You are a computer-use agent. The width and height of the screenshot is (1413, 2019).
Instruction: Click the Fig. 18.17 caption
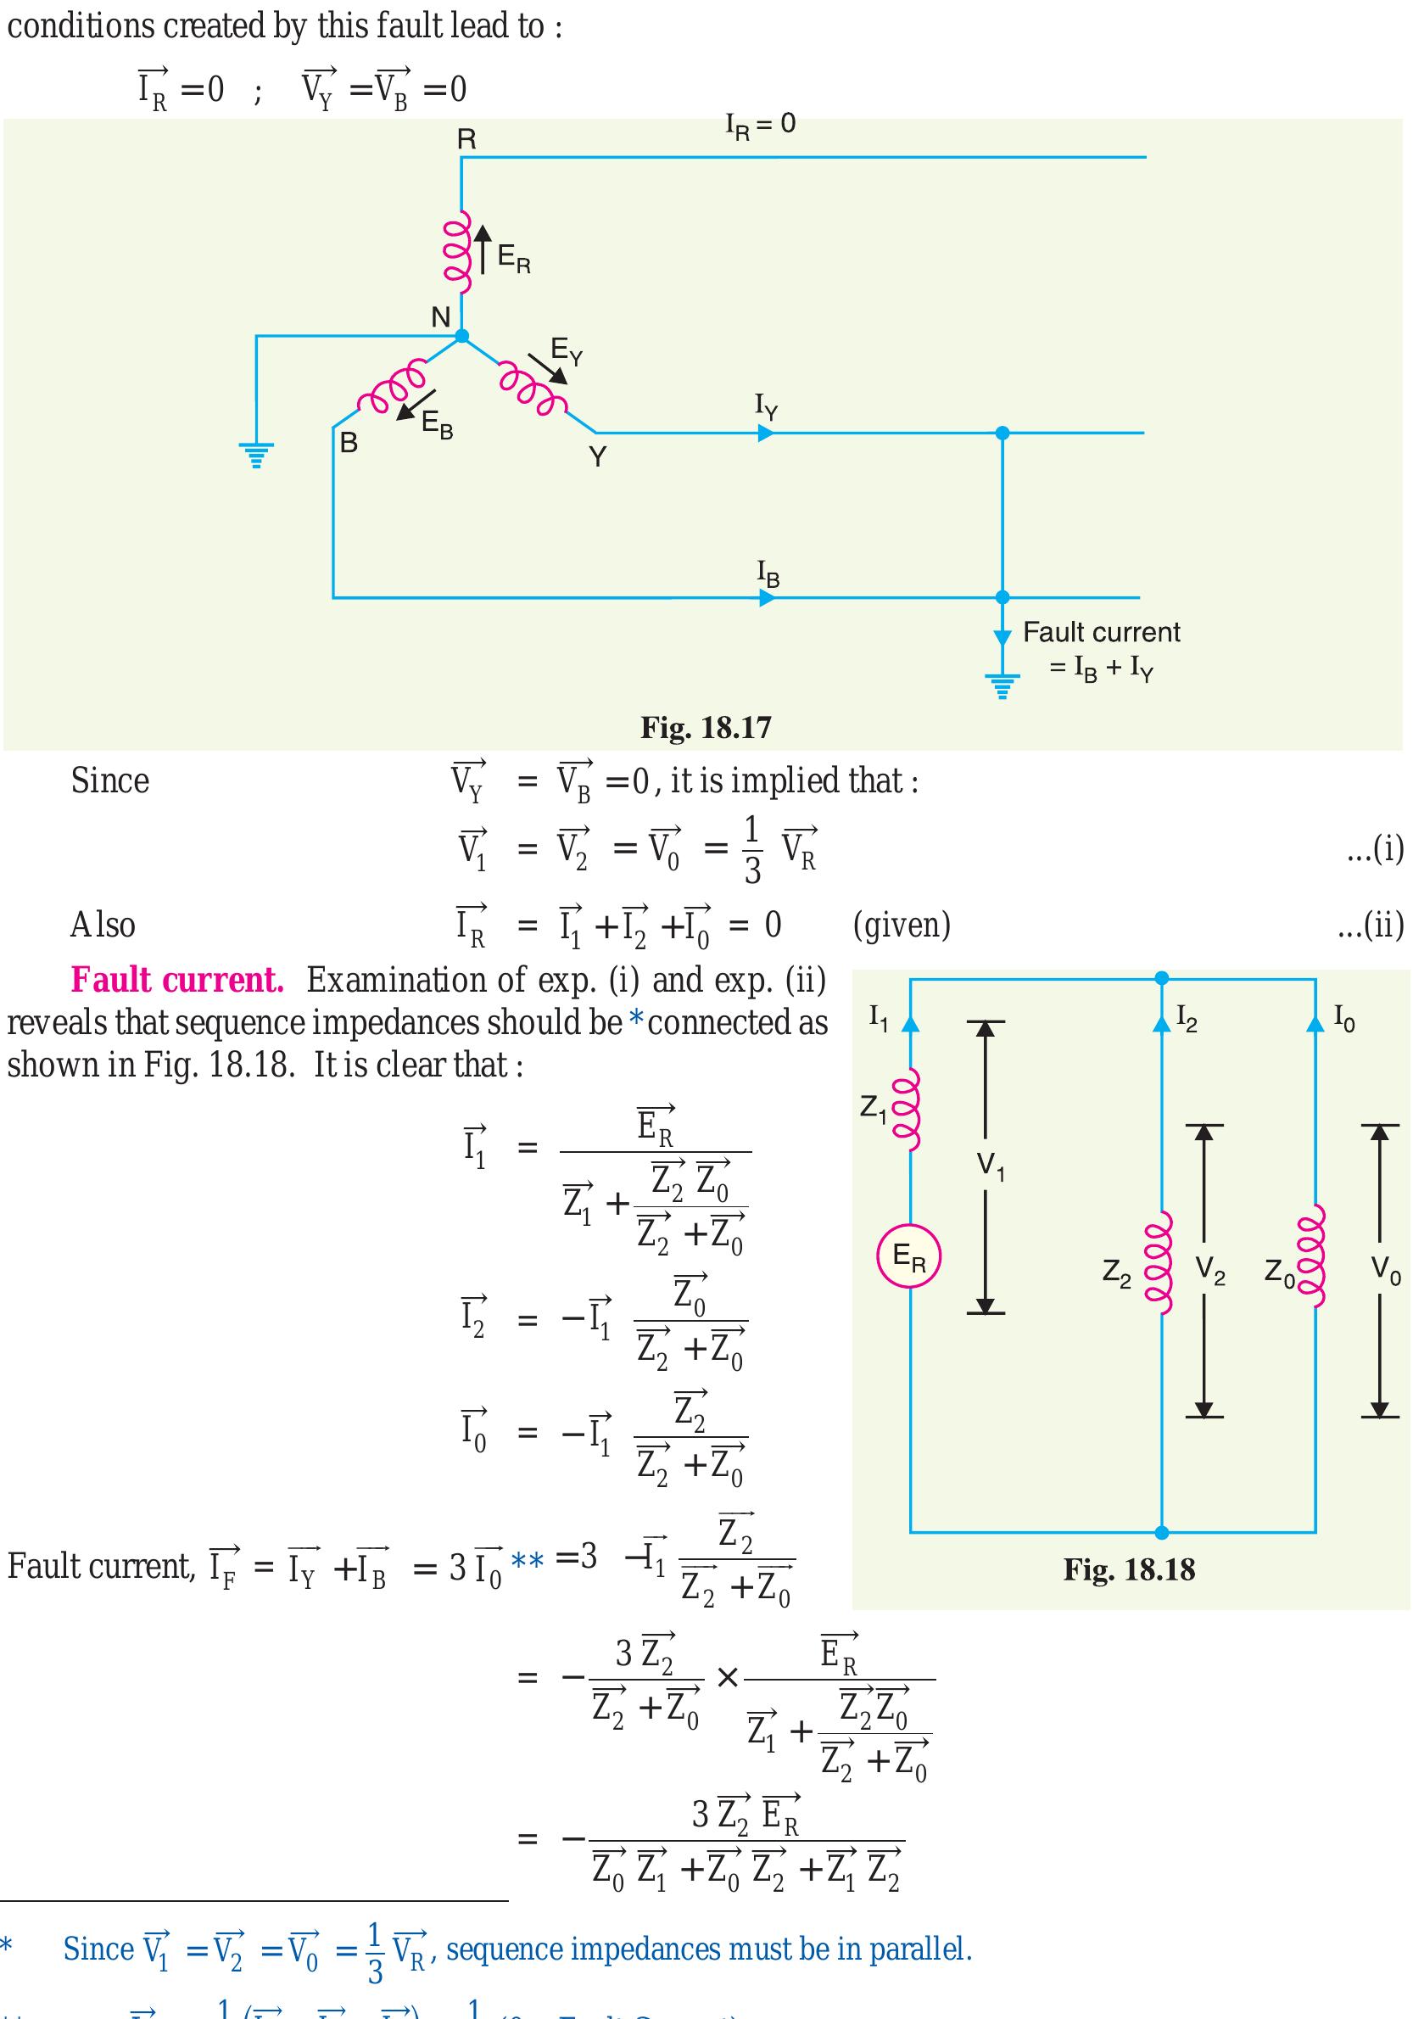tap(705, 727)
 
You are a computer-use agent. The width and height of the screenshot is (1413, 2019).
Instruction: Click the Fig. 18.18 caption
tap(1128, 1569)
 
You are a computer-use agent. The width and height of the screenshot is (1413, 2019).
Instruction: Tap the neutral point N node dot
tap(461, 336)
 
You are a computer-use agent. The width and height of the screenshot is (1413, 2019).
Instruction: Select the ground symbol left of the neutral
tap(256, 455)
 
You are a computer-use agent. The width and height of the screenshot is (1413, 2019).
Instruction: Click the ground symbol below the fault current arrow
tap(1002, 684)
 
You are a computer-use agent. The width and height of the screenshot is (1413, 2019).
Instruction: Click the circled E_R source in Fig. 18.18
tap(909, 1256)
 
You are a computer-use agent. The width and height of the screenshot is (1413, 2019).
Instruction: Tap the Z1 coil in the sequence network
tap(910, 1109)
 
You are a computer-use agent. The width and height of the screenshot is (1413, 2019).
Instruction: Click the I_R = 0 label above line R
tap(760, 126)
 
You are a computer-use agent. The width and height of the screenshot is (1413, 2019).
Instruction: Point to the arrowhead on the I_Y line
tap(766, 433)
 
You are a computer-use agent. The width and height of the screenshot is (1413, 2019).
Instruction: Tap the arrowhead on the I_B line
tap(767, 598)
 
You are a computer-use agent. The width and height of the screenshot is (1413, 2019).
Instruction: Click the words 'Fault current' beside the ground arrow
tap(1101, 632)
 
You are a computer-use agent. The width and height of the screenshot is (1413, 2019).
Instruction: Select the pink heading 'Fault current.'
tap(176, 980)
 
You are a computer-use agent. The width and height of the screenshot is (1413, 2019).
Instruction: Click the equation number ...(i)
tap(1375, 848)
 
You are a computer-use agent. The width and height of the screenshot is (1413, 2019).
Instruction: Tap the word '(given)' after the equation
tap(902, 924)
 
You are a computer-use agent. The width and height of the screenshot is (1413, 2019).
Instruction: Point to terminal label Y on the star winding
tap(598, 457)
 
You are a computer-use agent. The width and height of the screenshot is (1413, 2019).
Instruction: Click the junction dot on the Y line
tap(1002, 433)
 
